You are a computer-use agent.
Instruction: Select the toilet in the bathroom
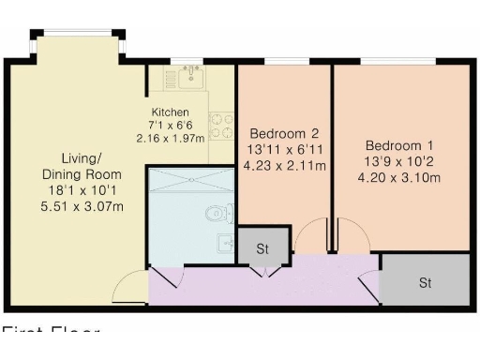(x=220, y=212)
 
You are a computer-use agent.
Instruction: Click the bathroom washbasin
(x=223, y=245)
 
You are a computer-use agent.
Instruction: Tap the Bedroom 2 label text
(x=282, y=133)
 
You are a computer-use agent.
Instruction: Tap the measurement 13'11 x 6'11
(x=282, y=150)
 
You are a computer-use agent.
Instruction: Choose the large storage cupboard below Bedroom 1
(x=425, y=281)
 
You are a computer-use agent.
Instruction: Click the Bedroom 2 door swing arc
(x=308, y=237)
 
